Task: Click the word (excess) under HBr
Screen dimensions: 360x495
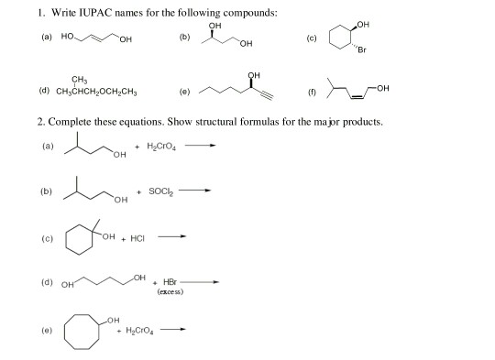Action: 173,290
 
